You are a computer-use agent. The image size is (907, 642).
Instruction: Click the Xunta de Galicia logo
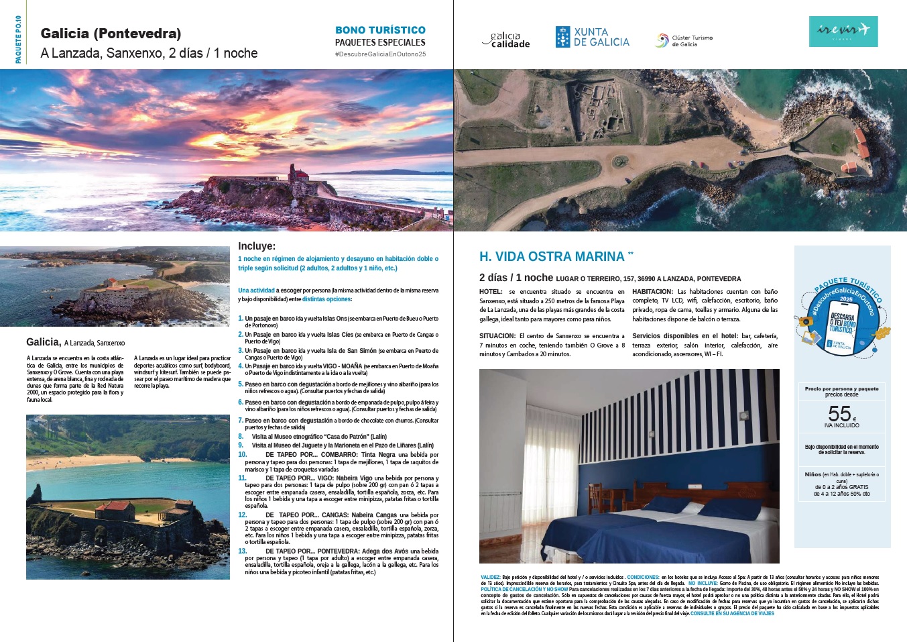pyautogui.click(x=592, y=37)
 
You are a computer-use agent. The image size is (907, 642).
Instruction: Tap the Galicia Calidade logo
pyautogui.click(x=506, y=40)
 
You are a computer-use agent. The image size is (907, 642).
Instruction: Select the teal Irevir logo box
pyautogui.click(x=843, y=31)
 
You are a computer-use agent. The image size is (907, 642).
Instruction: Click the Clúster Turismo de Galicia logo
pyautogui.click(x=683, y=41)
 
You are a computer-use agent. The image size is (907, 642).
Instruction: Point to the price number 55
pyautogui.click(x=839, y=414)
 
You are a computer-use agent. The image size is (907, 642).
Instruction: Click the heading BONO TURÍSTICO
pyautogui.click(x=380, y=30)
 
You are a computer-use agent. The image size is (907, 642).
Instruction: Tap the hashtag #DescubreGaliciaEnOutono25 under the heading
pyautogui.click(x=380, y=54)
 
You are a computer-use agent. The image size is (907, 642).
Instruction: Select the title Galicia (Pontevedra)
pyautogui.click(x=111, y=33)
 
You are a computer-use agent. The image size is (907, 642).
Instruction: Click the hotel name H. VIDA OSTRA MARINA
pyautogui.click(x=552, y=256)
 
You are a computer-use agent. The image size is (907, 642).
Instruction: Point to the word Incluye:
pyautogui.click(x=257, y=246)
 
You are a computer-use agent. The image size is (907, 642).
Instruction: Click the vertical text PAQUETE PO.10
pyautogui.click(x=18, y=40)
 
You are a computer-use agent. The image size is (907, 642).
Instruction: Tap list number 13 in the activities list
pyautogui.click(x=243, y=551)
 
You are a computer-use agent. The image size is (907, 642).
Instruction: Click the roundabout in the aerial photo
pyautogui.click(x=620, y=161)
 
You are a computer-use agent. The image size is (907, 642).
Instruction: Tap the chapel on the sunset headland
pyautogui.click(x=299, y=174)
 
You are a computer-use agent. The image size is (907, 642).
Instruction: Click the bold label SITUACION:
pyautogui.click(x=497, y=336)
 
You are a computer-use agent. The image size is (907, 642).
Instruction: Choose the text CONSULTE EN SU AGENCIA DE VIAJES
pyautogui.click(x=732, y=613)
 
